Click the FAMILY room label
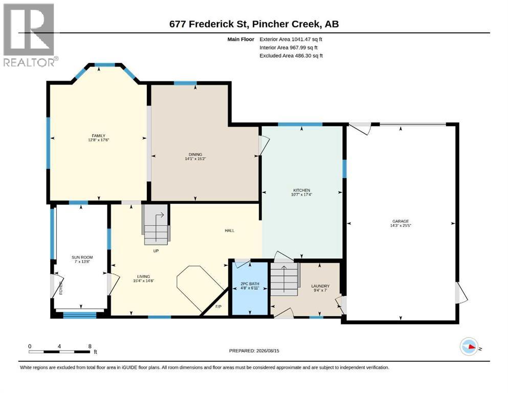coord(99,136)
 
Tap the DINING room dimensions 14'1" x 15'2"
coord(195,159)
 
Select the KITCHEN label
coord(302,190)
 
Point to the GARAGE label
coord(401,221)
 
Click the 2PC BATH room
coord(250,288)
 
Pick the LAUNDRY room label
coord(320,286)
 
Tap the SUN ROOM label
coord(82,257)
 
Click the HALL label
coord(229,230)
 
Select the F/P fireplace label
coord(218,307)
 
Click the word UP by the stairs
coord(156,251)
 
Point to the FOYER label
coord(61,288)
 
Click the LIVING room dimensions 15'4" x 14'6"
coord(143,281)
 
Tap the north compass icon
coord(469,346)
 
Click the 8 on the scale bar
coord(90,346)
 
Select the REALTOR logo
coord(30,35)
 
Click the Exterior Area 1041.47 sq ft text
coord(291,39)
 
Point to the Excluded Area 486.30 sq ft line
coord(291,56)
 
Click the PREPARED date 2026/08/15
coord(268,351)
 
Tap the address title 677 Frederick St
coord(209,24)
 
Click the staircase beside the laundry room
coord(284,279)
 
